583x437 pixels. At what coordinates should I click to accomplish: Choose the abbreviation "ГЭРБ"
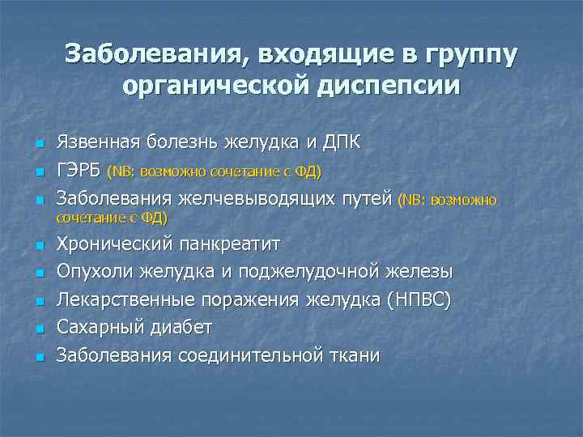pos(79,171)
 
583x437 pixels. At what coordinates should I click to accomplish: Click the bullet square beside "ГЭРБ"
pos(38,172)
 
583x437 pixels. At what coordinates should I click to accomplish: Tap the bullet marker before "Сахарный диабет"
pos(38,329)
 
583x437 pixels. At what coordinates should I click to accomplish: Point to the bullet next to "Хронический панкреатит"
pos(38,244)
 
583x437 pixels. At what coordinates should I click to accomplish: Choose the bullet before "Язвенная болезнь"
pos(38,145)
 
